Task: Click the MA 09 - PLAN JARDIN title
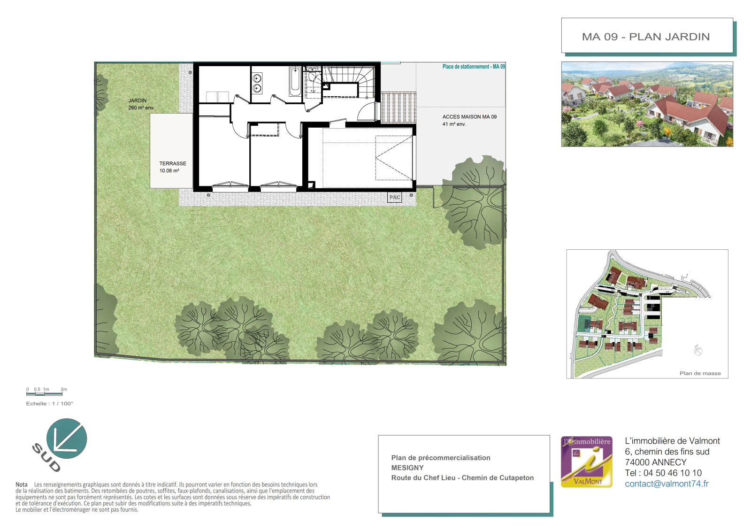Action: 646,37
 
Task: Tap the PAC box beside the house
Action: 395,197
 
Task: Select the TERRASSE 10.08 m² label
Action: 173,167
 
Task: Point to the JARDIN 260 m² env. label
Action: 141,104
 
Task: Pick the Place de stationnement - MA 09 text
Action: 474,66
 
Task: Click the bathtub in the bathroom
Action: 295,82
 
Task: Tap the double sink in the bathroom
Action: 257,83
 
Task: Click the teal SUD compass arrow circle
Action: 67,439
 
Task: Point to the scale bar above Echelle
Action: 44,393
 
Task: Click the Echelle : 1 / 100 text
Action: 50,404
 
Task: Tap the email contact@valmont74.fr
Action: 667,484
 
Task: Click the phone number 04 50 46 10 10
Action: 673,473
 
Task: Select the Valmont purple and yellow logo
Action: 587,462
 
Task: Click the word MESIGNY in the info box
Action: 407,468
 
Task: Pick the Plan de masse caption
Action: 700,373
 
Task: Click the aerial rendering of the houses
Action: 647,104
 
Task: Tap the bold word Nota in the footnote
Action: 22,485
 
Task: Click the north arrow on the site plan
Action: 698,350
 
